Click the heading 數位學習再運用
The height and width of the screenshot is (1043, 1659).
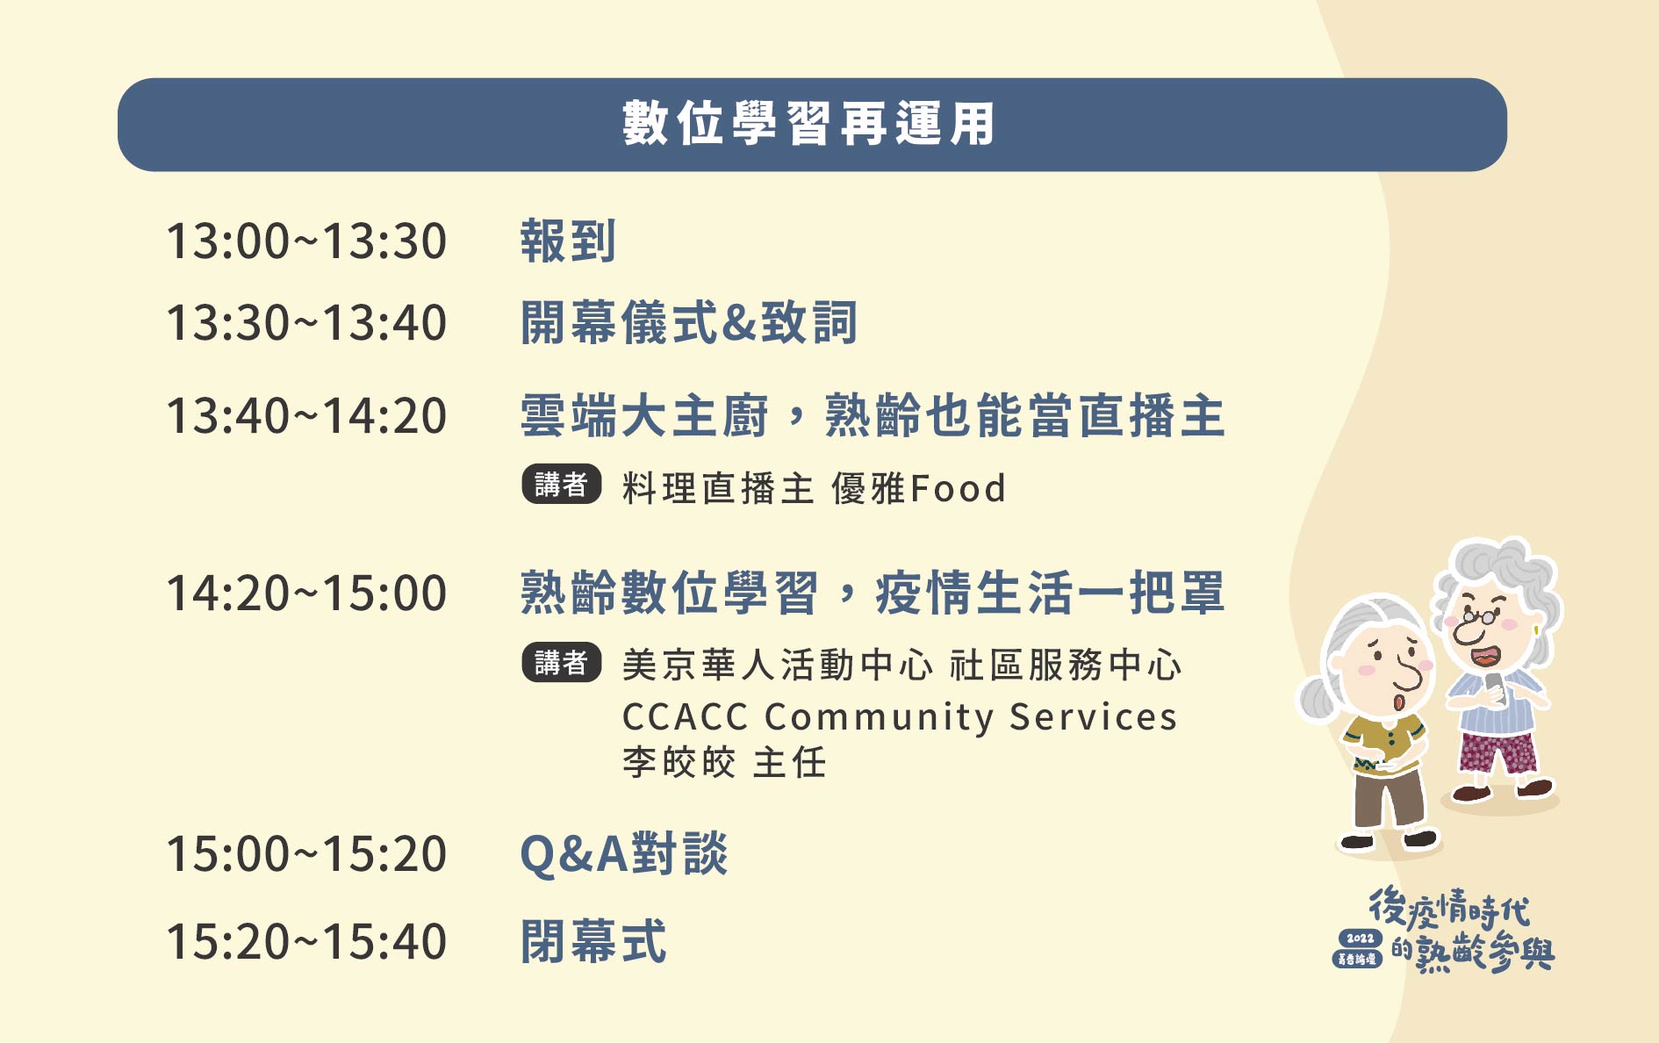(808, 124)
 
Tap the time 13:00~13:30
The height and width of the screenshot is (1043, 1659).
(306, 241)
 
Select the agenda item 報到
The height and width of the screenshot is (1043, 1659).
(568, 241)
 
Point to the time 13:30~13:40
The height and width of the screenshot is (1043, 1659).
(306, 323)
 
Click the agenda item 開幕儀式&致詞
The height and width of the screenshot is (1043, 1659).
(689, 322)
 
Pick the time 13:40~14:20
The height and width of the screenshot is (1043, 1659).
(306, 416)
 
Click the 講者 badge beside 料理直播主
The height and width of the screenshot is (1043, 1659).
(562, 484)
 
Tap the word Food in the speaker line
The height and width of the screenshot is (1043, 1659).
(959, 489)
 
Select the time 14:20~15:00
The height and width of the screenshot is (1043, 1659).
(306, 593)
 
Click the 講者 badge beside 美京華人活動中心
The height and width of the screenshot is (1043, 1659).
(562, 662)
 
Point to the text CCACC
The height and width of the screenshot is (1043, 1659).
(685, 717)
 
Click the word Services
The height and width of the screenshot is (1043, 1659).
(1093, 717)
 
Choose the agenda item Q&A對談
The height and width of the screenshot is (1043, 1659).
(624, 853)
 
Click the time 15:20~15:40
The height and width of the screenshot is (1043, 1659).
(306, 942)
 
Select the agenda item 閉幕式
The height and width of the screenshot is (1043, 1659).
(593, 941)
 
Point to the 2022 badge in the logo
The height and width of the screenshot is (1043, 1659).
(1360, 939)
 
